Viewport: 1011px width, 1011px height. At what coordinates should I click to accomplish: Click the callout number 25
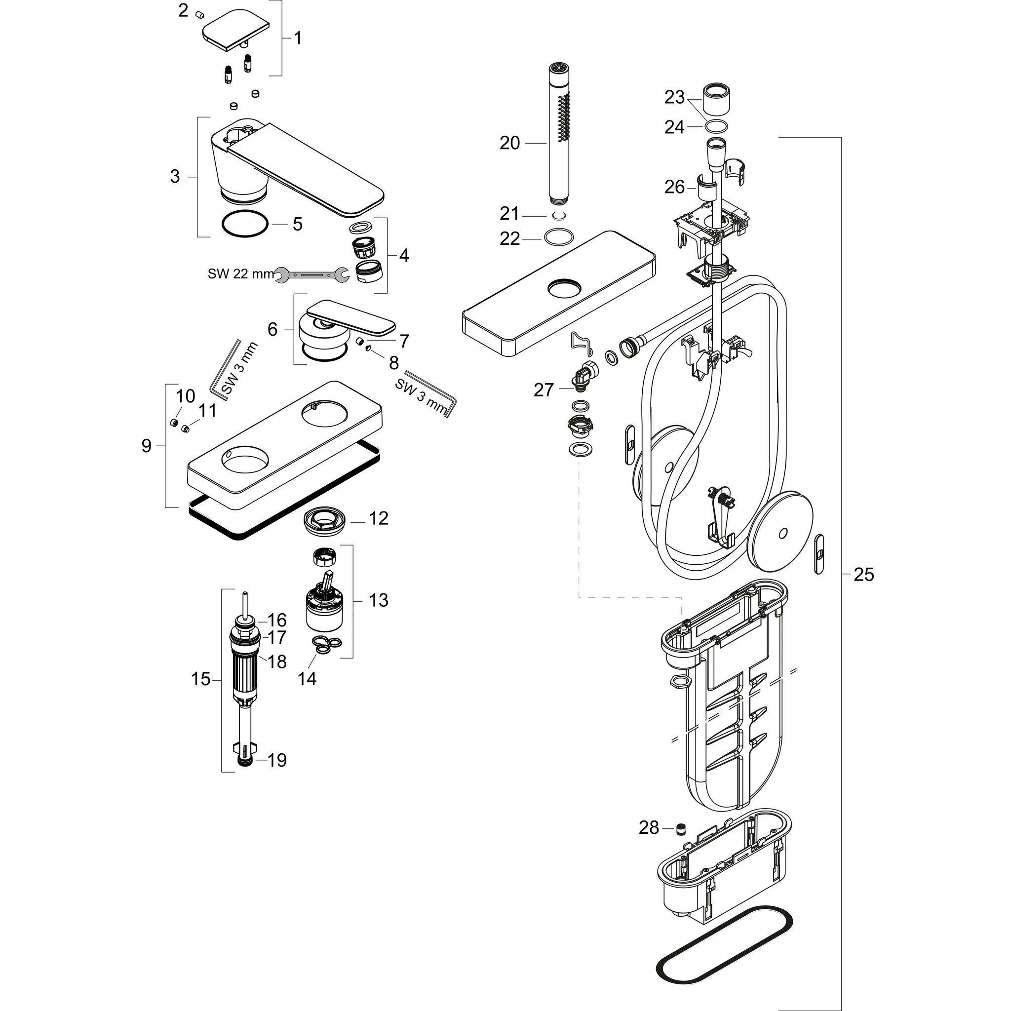tap(864, 575)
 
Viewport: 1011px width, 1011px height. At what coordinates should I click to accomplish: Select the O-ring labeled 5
tap(245, 224)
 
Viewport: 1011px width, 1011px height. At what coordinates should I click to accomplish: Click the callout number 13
tap(378, 600)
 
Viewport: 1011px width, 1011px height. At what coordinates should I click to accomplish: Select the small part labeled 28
tap(681, 828)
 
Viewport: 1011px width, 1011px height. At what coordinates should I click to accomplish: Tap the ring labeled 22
tap(558, 236)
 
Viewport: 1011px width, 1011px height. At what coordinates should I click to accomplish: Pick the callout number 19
tap(277, 760)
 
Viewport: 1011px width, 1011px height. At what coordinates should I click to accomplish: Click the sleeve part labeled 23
tap(715, 99)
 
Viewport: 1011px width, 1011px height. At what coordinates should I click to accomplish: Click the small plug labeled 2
tap(199, 14)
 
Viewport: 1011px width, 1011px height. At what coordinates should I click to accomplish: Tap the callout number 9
tap(147, 446)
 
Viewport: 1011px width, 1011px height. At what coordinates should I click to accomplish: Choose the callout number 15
tap(200, 679)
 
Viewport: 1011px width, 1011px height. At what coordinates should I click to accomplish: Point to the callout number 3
tap(175, 176)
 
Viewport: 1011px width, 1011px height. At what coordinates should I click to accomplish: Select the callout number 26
tap(674, 187)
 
